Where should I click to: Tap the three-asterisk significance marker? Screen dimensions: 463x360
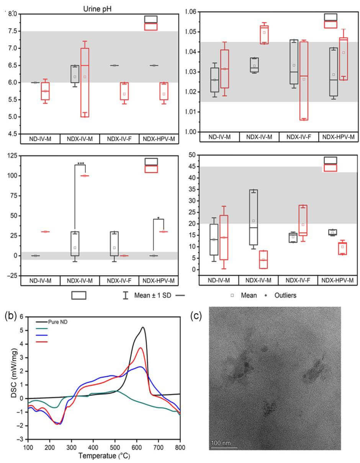click(81, 164)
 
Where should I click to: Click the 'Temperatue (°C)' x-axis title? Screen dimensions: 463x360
click(103, 456)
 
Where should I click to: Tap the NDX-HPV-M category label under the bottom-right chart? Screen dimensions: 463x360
click(338, 280)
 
